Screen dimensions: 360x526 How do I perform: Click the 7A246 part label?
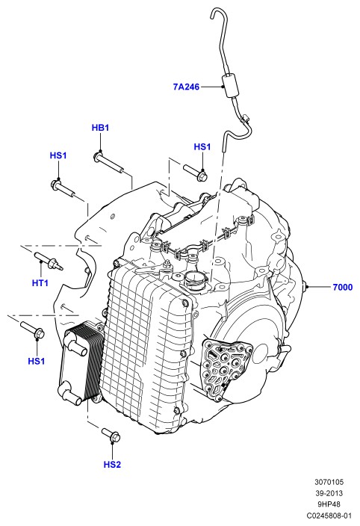186,87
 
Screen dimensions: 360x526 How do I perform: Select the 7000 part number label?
343,287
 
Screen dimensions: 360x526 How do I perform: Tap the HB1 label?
100,128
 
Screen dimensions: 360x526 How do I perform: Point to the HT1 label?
40,283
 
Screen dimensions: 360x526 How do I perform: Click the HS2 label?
112,465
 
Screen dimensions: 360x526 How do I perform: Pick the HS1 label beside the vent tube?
202,147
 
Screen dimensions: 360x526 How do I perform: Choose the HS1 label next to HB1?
58,155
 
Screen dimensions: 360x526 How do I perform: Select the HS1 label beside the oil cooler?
36,362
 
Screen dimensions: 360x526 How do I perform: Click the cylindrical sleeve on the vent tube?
230,86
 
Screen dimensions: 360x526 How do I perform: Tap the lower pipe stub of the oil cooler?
69,394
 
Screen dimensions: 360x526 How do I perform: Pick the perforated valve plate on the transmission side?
226,368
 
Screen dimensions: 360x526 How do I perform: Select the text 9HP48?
329,504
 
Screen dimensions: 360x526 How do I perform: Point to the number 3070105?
329,482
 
